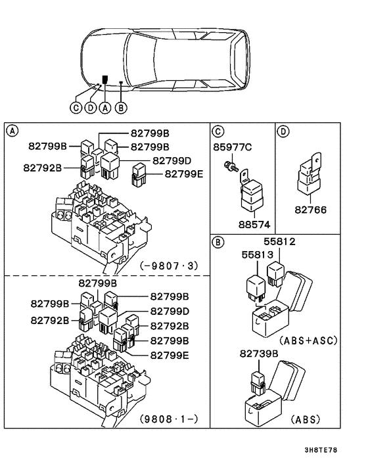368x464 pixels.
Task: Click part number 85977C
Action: pos(232,147)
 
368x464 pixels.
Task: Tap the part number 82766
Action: pos(310,210)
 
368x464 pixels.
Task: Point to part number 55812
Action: pos(281,242)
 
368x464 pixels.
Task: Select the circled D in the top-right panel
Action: pos(284,131)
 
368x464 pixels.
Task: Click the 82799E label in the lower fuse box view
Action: pos(170,355)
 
